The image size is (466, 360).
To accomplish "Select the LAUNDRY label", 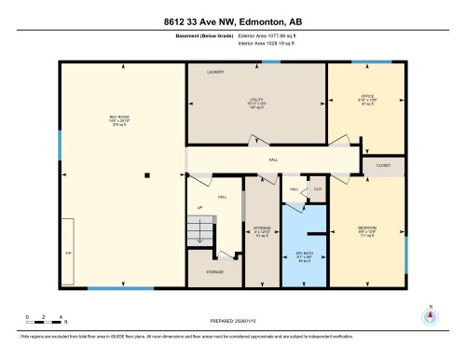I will click(218, 71).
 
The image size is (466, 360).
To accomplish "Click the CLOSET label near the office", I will click(384, 164).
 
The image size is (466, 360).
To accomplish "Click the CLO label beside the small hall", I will click(317, 188).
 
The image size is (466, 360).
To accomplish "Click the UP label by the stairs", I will click(199, 207).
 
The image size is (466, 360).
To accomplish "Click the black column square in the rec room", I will click(146, 174).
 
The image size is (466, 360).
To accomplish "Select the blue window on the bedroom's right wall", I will click(407, 243).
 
